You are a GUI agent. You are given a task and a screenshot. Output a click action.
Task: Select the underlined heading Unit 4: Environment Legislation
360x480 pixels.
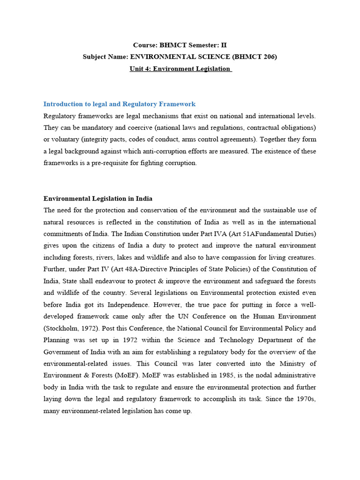point(180,68)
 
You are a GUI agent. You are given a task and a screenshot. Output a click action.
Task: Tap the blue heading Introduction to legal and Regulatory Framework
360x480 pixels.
point(119,104)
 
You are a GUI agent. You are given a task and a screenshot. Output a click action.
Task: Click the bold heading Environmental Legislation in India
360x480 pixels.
point(97,198)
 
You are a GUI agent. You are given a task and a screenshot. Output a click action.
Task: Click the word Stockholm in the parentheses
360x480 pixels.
point(62,328)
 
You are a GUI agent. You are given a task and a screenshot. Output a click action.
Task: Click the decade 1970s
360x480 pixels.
point(304,399)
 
